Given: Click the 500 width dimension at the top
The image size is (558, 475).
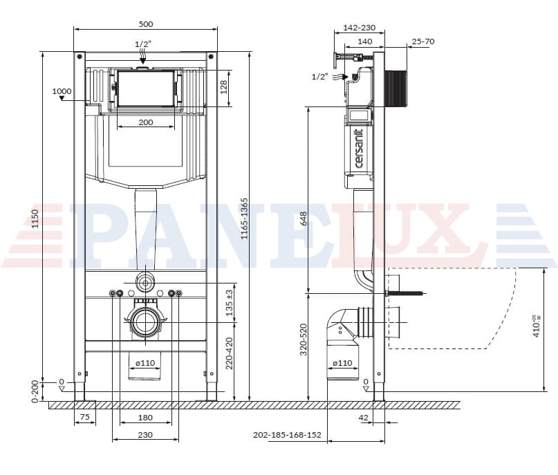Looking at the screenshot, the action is click(146, 24).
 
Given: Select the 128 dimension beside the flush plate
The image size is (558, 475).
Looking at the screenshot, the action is click(224, 87).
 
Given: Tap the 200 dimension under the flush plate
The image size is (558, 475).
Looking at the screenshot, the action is click(146, 122).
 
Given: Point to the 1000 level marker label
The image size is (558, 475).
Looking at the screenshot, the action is click(62, 91).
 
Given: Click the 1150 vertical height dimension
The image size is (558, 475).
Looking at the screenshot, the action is click(35, 218).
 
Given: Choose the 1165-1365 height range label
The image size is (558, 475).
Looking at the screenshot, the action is click(244, 218).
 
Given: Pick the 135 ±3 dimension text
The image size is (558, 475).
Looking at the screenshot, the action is click(230, 303).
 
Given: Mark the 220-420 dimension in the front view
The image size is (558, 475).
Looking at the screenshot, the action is click(230, 353).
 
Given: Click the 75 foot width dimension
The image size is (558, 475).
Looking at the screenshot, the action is click(84, 417).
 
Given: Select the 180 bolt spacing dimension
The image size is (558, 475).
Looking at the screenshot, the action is click(145, 418).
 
